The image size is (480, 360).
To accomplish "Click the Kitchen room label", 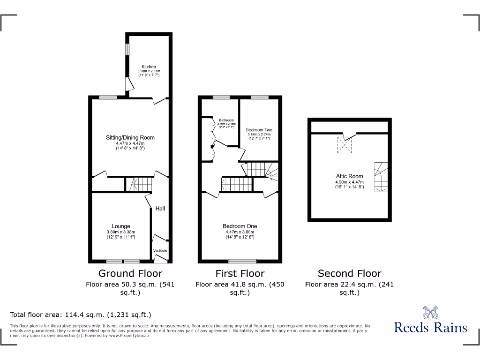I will [149, 67].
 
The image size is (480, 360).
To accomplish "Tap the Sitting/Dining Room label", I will [130, 137].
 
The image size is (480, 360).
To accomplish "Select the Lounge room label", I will [121, 226].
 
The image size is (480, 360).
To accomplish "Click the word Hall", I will [160, 209].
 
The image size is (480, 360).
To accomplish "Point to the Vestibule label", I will [160, 250].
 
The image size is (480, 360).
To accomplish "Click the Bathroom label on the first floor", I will [226, 120].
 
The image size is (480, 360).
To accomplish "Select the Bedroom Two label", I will [259, 130].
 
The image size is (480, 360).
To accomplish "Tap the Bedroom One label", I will [240, 226].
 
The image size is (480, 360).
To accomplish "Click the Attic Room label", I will [349, 176].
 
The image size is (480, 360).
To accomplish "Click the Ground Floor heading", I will [130, 273].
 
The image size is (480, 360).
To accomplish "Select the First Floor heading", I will [240, 273].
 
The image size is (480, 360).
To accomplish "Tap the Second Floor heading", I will [350, 273].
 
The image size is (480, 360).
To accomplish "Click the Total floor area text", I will [81, 315].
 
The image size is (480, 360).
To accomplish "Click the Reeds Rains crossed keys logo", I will [430, 313].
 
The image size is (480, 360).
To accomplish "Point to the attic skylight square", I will [345, 146].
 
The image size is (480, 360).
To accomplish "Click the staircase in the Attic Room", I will [381, 176].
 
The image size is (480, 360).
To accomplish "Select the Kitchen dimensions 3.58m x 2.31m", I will [149, 71].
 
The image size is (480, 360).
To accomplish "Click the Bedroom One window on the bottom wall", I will [242, 261].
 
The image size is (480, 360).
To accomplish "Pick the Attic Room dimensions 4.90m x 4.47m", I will [349, 182].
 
